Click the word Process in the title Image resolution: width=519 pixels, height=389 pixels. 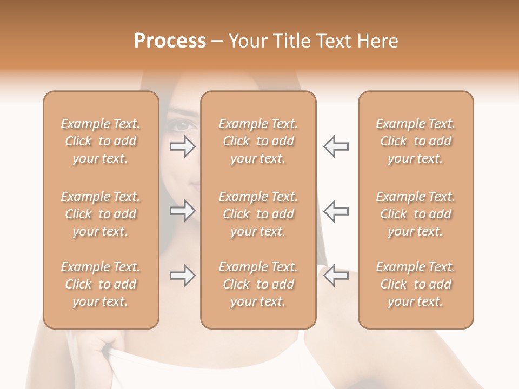pos(170,41)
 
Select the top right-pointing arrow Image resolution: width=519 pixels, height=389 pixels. pos(183,146)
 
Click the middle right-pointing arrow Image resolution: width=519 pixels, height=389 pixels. pos(183,210)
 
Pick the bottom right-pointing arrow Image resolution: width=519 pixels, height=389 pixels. pos(183,276)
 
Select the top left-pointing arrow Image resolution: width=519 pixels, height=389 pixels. pos(336,146)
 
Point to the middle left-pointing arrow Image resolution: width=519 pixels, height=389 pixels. pos(336,210)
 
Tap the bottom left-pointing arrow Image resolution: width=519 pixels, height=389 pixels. pos(336,276)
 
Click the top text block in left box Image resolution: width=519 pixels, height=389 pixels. pos(101,141)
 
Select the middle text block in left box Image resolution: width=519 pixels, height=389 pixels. pos(101,214)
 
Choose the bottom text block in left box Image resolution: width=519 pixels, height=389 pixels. pos(101,284)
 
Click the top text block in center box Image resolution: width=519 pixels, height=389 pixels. pos(258,141)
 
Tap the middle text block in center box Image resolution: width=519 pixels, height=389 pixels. pos(258,214)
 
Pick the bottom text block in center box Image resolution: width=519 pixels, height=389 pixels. pos(258,284)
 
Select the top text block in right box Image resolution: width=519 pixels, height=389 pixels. pos(416,141)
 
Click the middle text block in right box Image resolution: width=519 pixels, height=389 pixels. pos(416,214)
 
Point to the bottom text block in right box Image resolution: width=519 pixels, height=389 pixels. pos(416,284)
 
